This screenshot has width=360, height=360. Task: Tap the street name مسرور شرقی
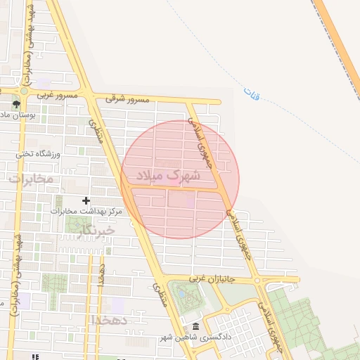[127, 100]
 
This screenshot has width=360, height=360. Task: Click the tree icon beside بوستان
[15, 105]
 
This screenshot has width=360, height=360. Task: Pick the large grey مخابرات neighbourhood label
[32, 179]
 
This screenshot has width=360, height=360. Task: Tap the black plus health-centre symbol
[86, 200]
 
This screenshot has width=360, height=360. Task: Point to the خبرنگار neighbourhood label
[97, 230]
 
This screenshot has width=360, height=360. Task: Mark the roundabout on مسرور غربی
[24, 91]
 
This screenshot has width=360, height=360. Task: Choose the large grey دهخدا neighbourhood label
[110, 321]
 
